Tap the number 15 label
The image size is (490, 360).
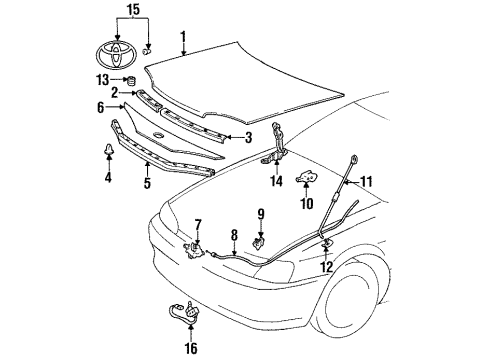tap(131, 11)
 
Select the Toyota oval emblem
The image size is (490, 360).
tap(110, 48)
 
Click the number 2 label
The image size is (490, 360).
tap(117, 93)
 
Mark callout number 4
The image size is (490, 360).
tap(108, 178)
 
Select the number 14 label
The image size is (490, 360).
tap(276, 182)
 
